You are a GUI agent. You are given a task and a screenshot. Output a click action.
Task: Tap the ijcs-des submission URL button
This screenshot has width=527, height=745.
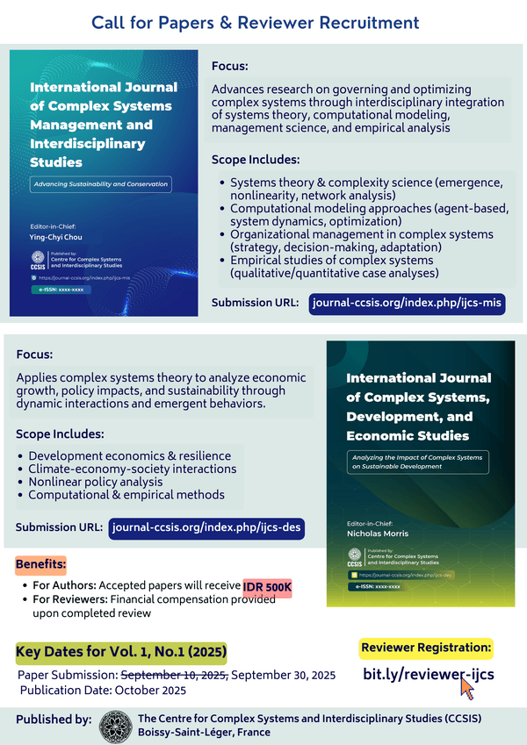click(206, 528)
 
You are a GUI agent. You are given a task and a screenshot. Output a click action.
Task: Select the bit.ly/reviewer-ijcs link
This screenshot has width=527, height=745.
click(428, 674)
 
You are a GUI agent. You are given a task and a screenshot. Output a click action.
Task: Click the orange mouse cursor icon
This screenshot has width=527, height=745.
click(467, 688)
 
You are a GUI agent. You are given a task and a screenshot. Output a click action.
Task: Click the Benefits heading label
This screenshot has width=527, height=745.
click(41, 563)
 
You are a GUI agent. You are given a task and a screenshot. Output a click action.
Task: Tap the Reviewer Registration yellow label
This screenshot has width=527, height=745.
click(426, 648)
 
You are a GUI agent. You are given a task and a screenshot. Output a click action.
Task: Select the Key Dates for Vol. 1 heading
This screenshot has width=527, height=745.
click(121, 652)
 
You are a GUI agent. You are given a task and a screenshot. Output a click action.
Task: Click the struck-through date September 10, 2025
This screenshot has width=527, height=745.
click(174, 675)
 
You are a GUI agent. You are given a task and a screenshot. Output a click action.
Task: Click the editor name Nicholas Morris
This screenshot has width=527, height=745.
click(365, 533)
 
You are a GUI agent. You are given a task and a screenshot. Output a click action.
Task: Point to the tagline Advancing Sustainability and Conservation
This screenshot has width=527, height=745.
click(99, 185)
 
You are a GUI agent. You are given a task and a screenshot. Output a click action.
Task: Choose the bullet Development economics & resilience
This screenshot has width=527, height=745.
click(130, 456)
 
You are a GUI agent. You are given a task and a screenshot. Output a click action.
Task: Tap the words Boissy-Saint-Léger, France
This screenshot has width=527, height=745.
click(204, 732)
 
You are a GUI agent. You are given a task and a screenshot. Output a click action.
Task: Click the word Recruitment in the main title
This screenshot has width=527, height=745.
click(358, 22)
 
